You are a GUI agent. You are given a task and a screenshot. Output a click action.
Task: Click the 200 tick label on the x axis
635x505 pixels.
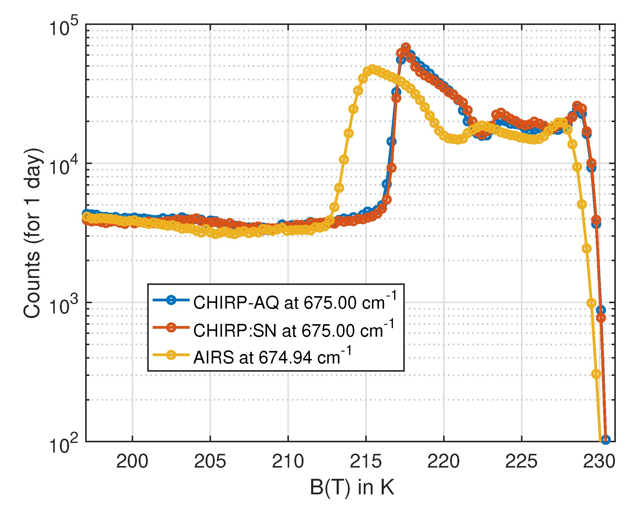132,461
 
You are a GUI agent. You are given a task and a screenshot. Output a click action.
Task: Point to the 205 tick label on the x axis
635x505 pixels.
210,461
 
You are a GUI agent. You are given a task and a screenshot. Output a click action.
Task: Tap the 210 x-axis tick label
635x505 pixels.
288,461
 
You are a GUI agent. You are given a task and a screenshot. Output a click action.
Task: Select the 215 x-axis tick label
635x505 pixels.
366,461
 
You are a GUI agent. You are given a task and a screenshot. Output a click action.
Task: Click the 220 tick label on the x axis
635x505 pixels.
443,461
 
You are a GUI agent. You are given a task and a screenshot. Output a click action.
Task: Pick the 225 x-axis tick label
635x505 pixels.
521,461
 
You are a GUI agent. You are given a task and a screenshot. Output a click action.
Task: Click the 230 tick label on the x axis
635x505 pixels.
599,461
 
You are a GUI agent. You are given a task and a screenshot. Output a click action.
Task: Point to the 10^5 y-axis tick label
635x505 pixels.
64,28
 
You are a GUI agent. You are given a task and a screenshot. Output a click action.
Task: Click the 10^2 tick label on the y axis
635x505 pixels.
64,445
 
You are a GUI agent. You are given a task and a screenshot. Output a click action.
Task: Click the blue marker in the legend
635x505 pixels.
171,300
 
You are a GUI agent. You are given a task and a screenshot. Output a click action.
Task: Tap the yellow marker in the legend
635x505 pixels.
171,355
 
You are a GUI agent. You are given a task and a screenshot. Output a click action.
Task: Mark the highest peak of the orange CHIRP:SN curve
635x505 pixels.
406,47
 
